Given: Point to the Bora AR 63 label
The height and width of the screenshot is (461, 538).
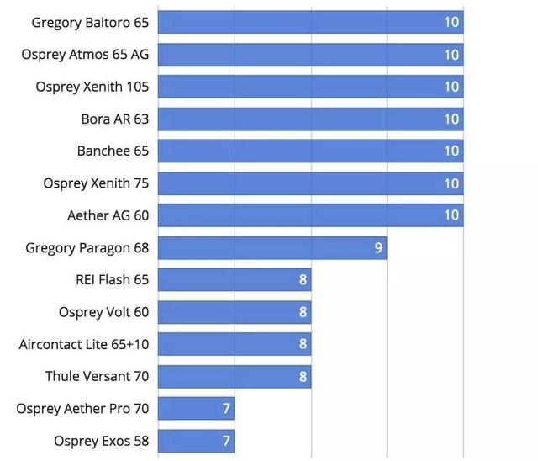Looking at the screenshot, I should click(114, 119).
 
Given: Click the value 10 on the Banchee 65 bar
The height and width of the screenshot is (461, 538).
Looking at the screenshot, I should click(451, 151).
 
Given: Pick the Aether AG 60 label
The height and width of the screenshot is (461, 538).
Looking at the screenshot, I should click(108, 215).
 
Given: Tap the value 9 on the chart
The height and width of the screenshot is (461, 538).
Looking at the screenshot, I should click(378, 248).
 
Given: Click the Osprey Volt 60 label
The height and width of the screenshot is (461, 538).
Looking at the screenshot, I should click(103, 312).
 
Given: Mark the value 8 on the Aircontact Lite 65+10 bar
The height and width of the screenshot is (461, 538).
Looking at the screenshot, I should click(303, 345).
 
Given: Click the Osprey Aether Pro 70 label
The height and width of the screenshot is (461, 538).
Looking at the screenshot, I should click(82, 409).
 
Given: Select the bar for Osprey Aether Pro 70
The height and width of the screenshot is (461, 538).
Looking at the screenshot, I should click(195, 409).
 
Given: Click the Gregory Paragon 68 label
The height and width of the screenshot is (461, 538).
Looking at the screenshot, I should click(87, 248).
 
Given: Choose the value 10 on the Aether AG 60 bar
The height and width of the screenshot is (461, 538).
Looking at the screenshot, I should click(451, 215).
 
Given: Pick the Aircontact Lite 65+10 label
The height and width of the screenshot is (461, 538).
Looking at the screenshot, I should click(84, 345).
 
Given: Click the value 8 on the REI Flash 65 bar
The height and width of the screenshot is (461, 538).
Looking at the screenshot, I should click(303, 280).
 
